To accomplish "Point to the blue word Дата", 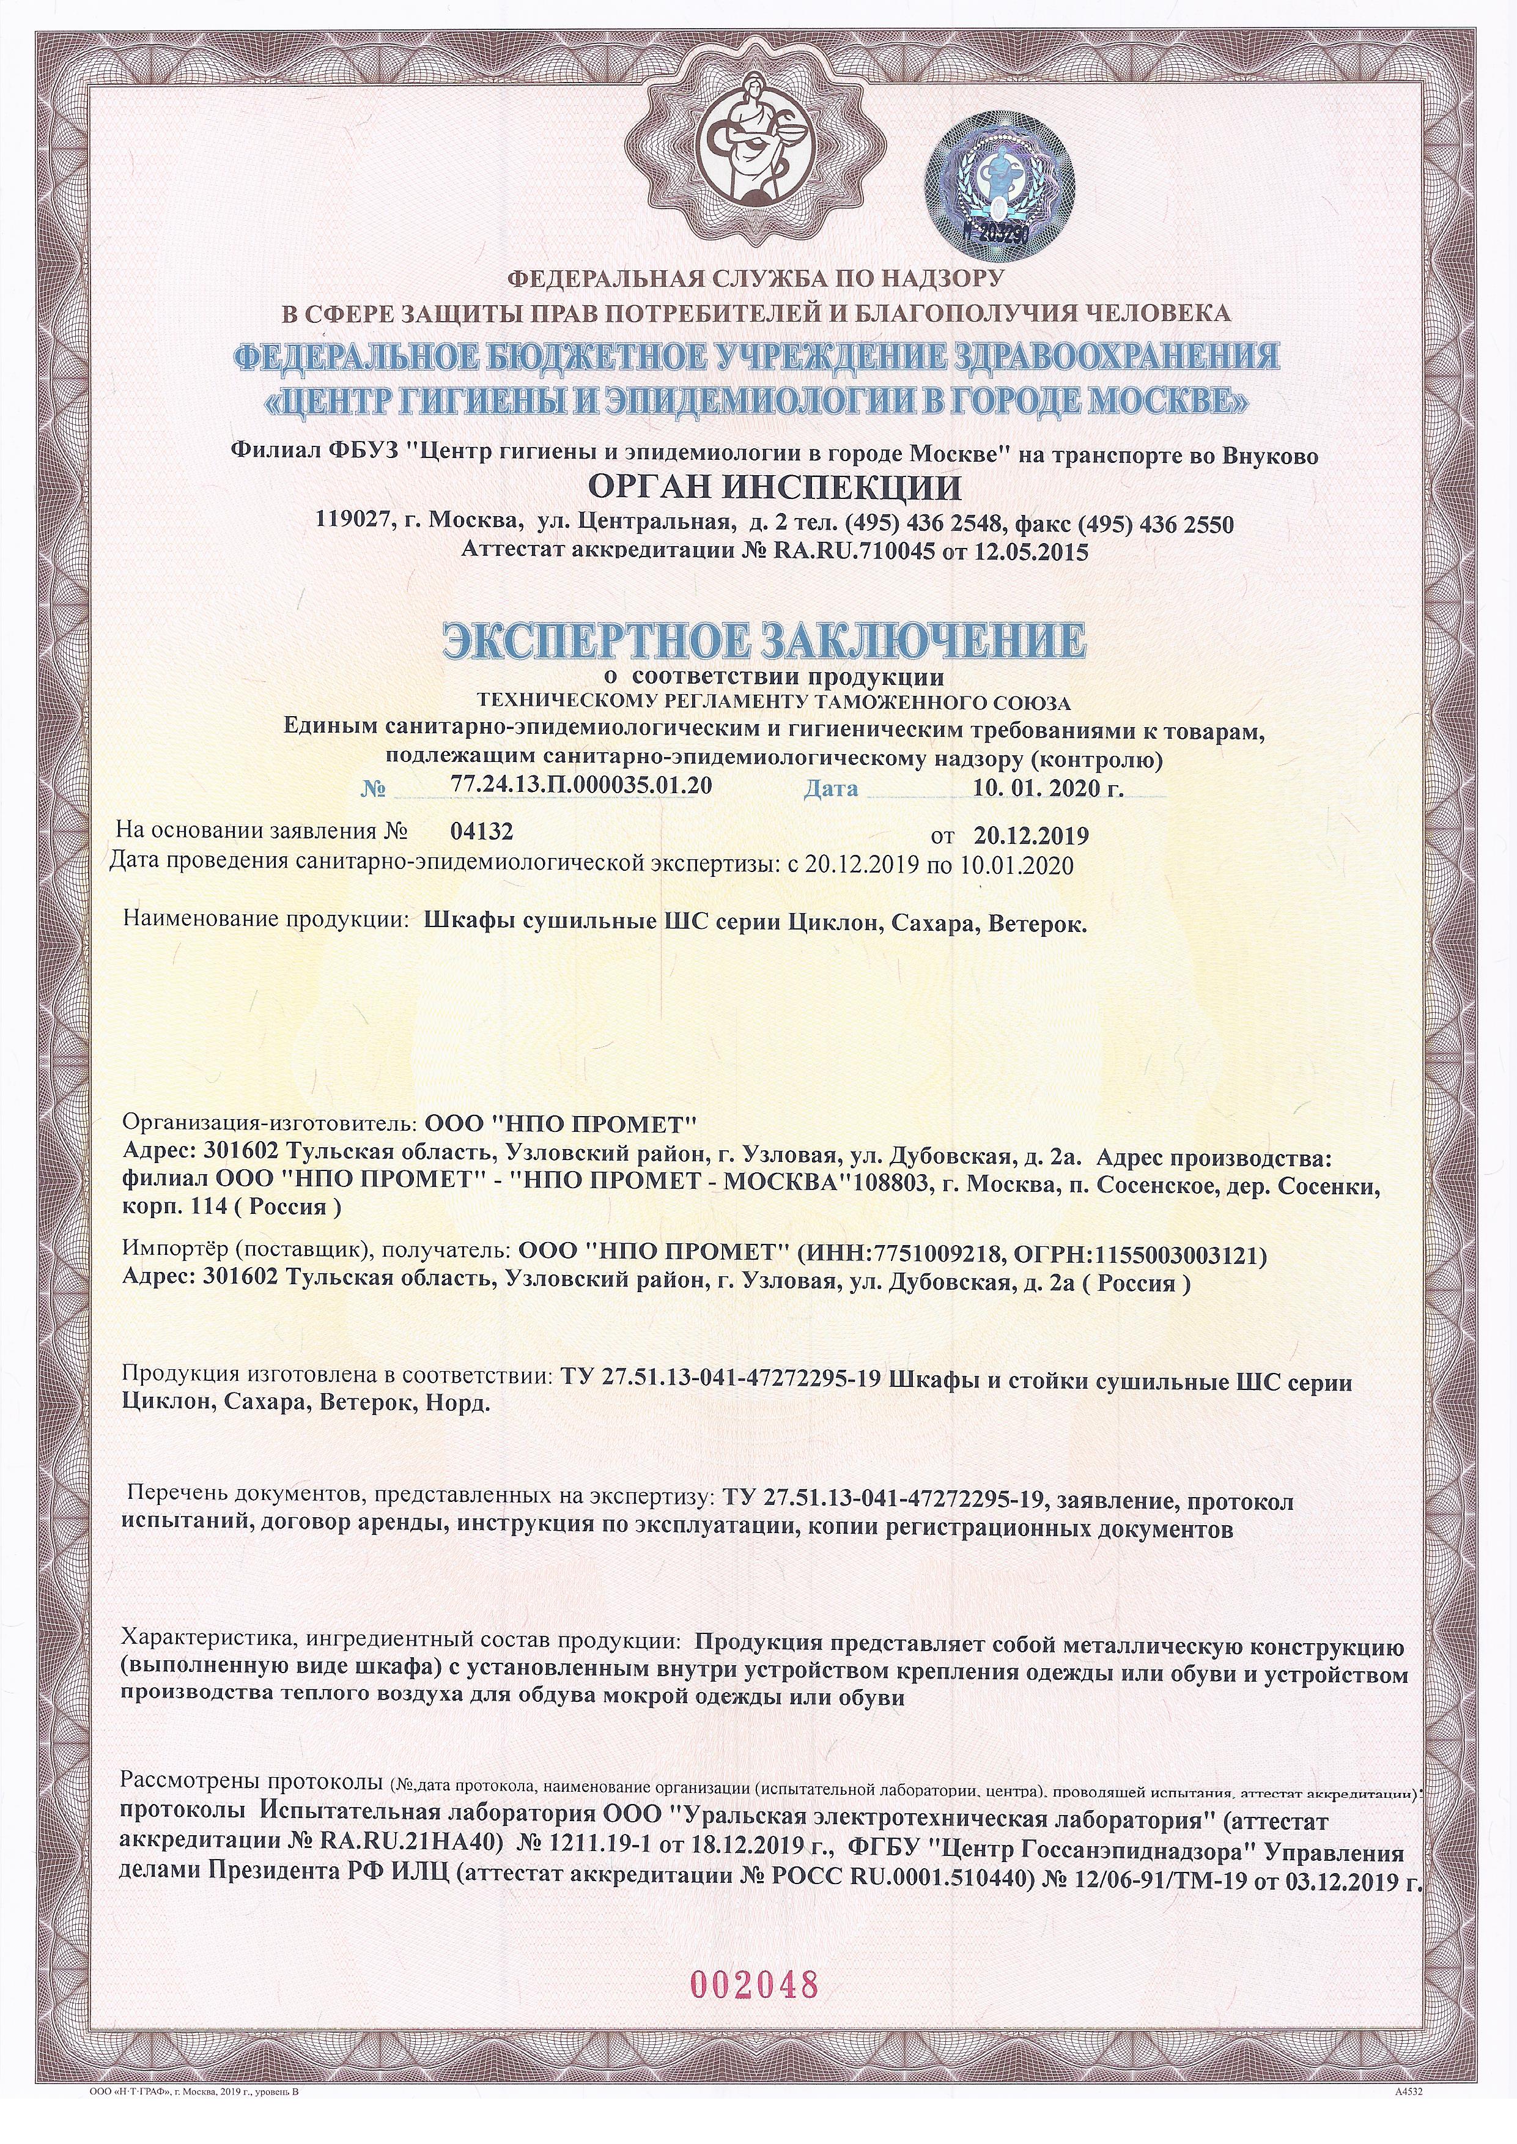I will coord(830,788).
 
